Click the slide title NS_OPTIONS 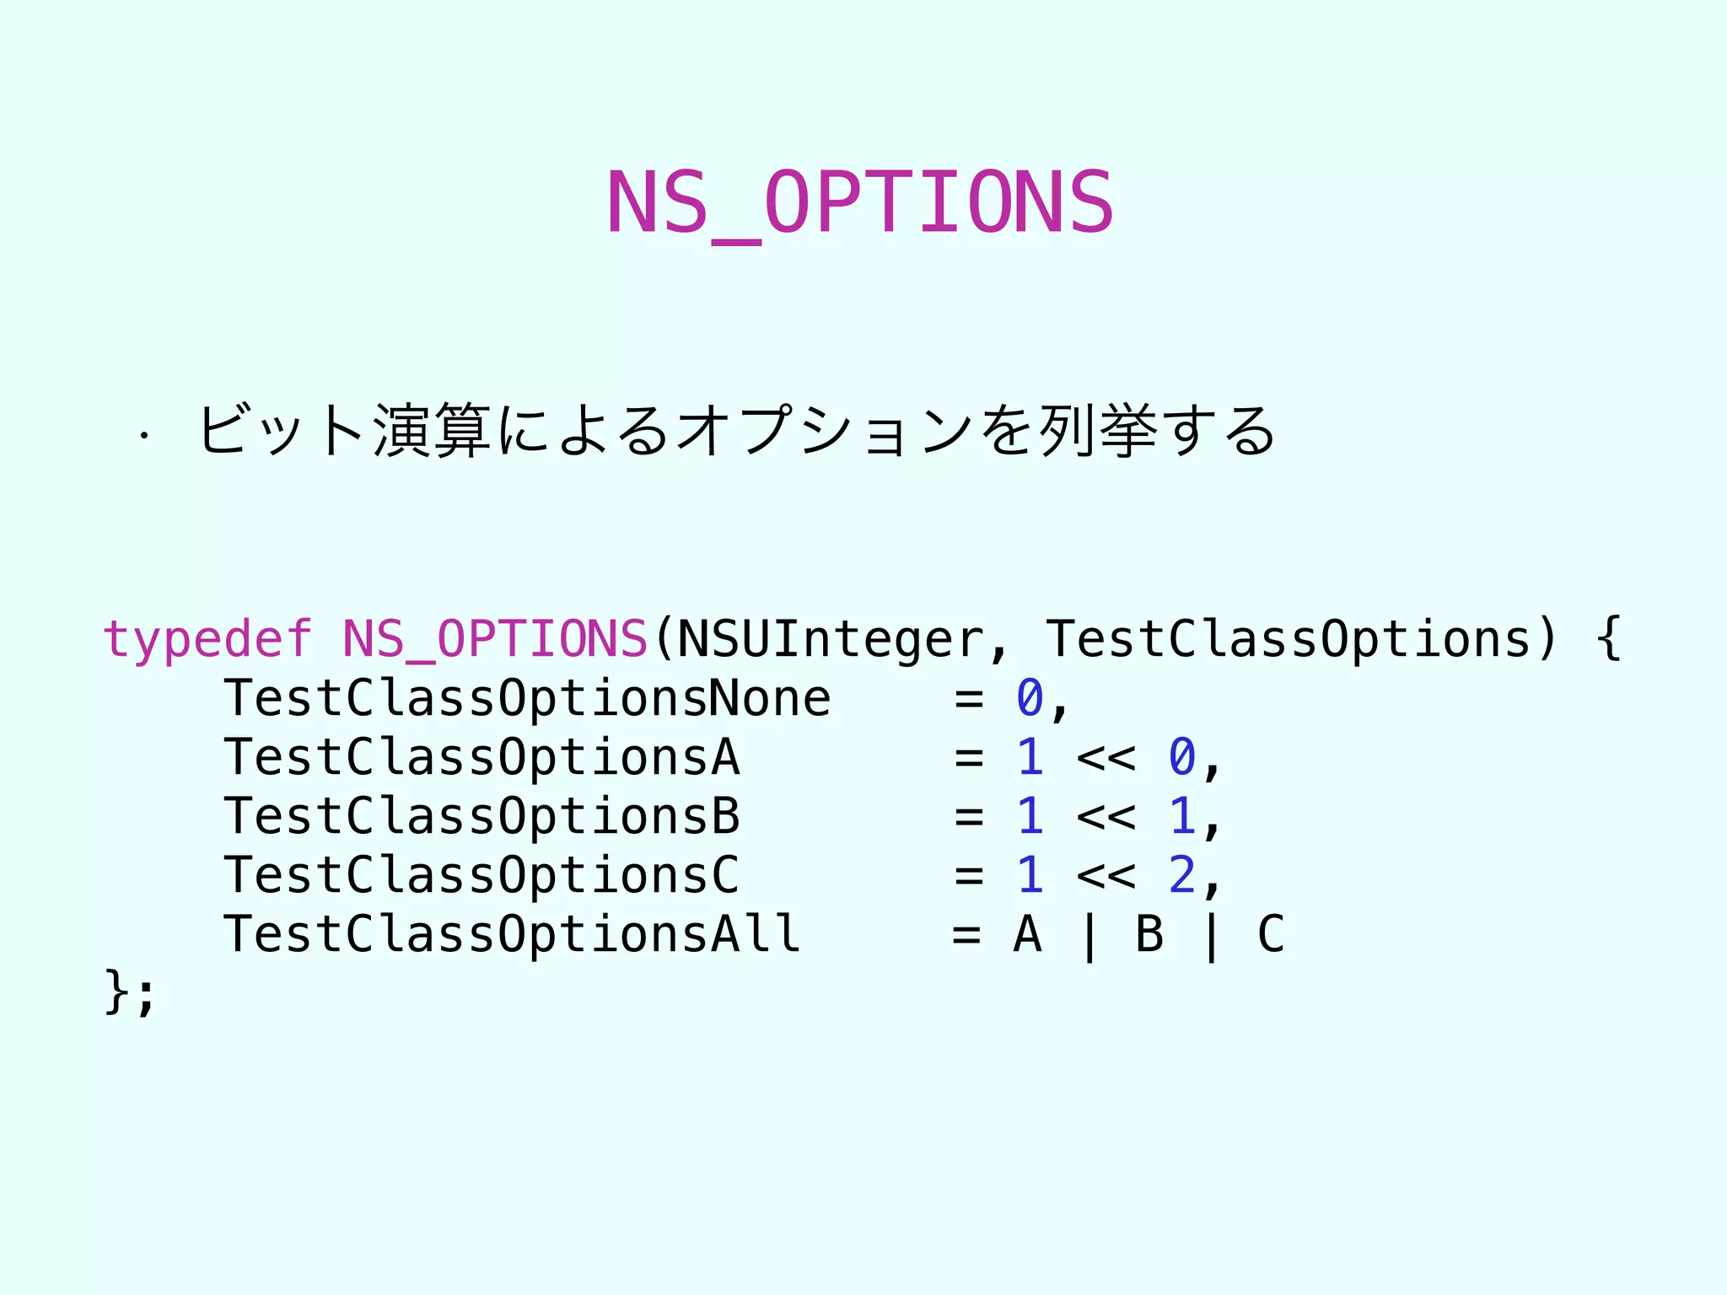tap(860, 202)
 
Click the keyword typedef tap(207, 639)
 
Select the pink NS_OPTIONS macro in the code tap(495, 639)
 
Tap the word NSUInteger tap(831, 639)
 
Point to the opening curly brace tap(1609, 639)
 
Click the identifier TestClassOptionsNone tap(527, 699)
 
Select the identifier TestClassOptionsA tap(482, 757)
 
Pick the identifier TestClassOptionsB tap(482, 816)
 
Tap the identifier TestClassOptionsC tap(482, 875)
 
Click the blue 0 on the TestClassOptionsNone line tap(1030, 698)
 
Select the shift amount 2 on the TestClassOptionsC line tap(1181, 875)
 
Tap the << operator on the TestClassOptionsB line tap(1106, 817)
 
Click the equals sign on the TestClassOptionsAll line tap(967, 934)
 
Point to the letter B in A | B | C tap(1150, 934)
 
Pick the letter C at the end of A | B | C tap(1272, 934)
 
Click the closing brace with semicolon tap(129, 993)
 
